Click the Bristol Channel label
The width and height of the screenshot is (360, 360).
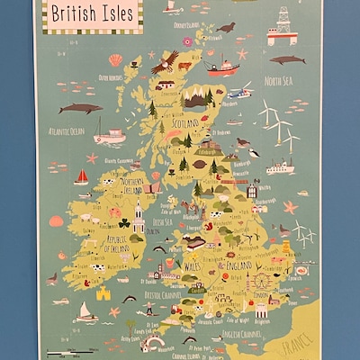pos(138,294)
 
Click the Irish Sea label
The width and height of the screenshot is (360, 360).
pos(163,222)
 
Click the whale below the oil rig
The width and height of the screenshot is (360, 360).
pos(287,60)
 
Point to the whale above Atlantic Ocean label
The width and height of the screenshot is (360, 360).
pos(80,108)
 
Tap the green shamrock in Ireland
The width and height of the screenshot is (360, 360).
pos(123,223)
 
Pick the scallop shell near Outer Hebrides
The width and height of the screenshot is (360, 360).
pos(115,60)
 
